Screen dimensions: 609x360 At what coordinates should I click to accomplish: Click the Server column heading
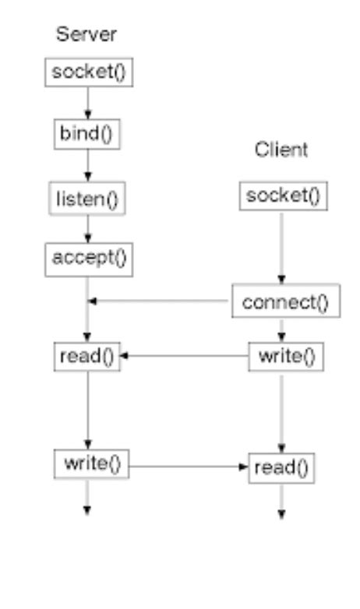point(86,35)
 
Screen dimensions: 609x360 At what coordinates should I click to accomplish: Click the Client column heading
point(281,150)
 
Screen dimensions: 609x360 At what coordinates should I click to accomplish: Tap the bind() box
point(87,135)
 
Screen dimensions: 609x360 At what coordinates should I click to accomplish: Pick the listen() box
point(87,199)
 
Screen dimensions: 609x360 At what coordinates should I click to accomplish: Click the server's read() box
point(87,357)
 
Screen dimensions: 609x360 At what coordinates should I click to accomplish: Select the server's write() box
point(91,464)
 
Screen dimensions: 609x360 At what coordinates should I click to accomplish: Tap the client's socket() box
point(283,195)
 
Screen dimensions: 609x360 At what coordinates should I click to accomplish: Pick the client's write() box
point(286,357)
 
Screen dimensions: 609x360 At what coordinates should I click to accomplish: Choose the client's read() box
point(281,469)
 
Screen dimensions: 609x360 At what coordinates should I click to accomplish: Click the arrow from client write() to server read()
point(184,357)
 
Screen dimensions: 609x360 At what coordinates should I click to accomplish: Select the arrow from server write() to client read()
point(187,467)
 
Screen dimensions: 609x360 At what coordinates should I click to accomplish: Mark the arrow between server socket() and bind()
point(87,103)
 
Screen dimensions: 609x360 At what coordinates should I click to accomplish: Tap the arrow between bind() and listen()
point(87,166)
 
